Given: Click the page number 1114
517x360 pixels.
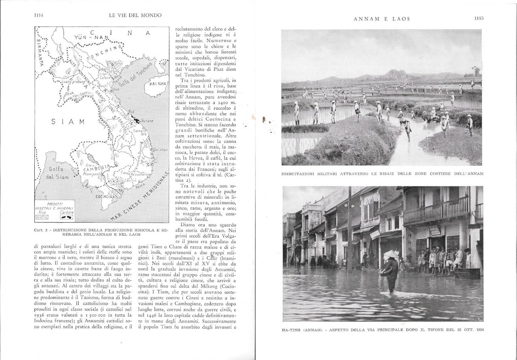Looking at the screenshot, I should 39,16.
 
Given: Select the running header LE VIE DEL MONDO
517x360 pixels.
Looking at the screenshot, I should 135,15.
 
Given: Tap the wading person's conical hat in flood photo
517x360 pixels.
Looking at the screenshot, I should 391,254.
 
